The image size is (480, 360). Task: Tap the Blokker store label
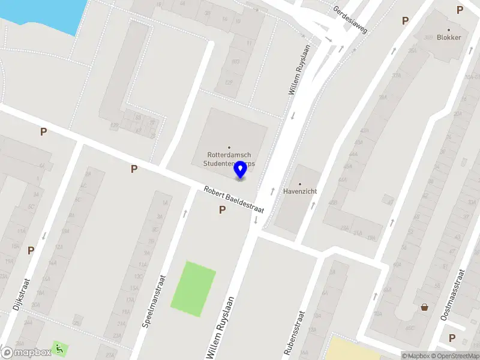point(449,37)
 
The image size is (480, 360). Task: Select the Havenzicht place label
point(300,192)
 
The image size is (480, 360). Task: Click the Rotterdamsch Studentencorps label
point(229,159)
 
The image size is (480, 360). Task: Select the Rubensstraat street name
point(294,334)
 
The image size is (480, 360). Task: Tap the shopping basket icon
point(425,307)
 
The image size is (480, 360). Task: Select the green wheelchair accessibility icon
point(59,347)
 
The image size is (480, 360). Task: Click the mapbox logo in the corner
point(26,353)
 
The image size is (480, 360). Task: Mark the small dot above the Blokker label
point(448,29)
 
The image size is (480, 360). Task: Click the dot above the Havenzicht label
point(300,184)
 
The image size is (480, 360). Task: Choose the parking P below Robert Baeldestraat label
point(222,210)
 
